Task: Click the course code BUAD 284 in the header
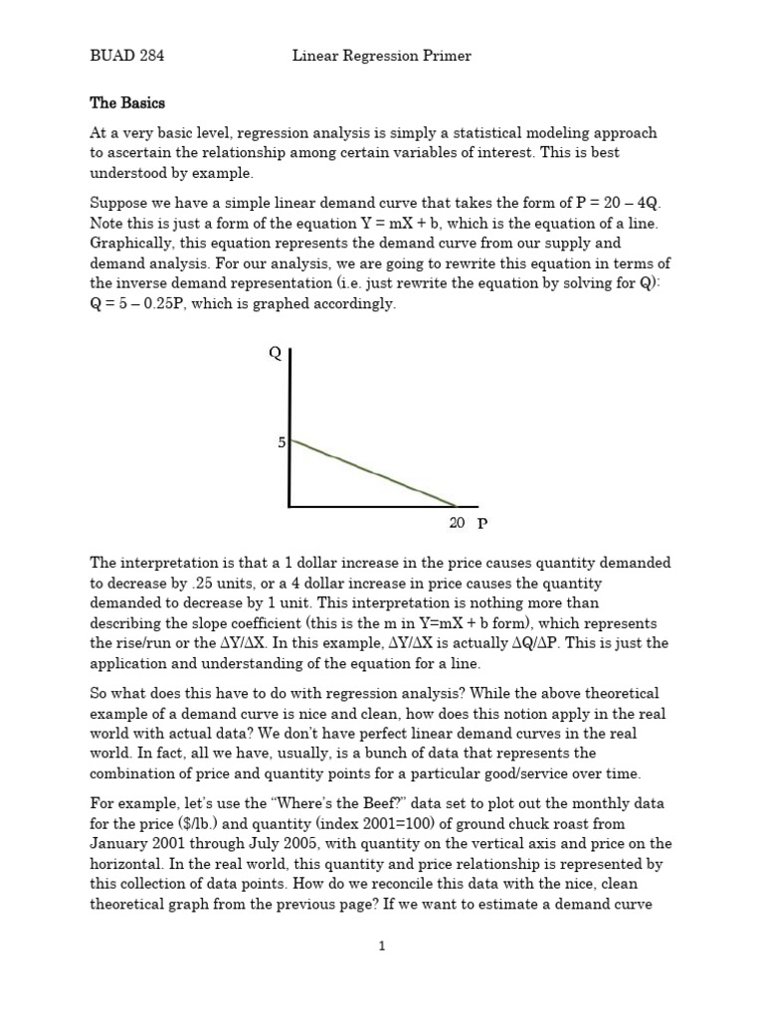[x=126, y=57]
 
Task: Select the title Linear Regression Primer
[x=381, y=57]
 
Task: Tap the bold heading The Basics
[x=127, y=103]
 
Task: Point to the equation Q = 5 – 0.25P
[x=147, y=304]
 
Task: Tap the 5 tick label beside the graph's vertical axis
[x=282, y=441]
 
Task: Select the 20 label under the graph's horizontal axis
[x=457, y=522]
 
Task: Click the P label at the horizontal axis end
[x=482, y=523]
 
